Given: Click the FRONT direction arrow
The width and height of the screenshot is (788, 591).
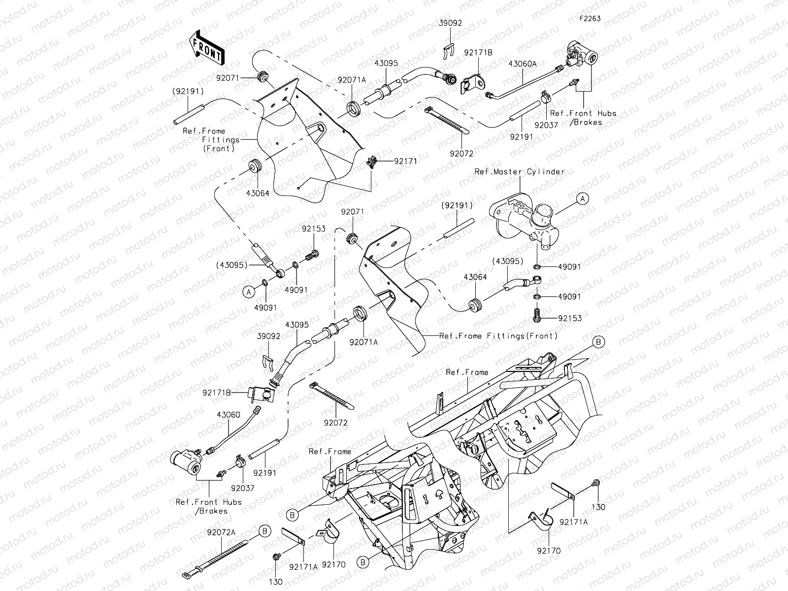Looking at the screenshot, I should click(207, 47).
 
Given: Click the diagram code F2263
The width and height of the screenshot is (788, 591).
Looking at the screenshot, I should click(590, 19).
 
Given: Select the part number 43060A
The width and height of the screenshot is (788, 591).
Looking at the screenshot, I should click(522, 64).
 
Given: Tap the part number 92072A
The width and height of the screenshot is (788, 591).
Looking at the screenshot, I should click(221, 532).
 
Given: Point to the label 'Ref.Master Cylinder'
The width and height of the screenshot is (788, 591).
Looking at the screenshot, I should click(519, 172).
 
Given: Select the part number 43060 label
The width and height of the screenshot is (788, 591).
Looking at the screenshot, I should click(228, 415).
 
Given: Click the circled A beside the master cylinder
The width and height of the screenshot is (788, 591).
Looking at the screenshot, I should click(583, 198).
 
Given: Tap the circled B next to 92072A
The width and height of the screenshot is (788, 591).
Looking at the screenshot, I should click(265, 531).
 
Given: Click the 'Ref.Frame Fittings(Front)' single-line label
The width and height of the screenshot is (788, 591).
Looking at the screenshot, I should click(498, 336).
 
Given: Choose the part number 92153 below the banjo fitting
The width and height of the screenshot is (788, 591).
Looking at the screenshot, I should click(570, 318).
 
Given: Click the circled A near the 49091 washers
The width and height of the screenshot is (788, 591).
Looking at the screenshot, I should click(249, 292).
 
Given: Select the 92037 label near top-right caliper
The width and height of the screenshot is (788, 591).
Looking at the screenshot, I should click(546, 125).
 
